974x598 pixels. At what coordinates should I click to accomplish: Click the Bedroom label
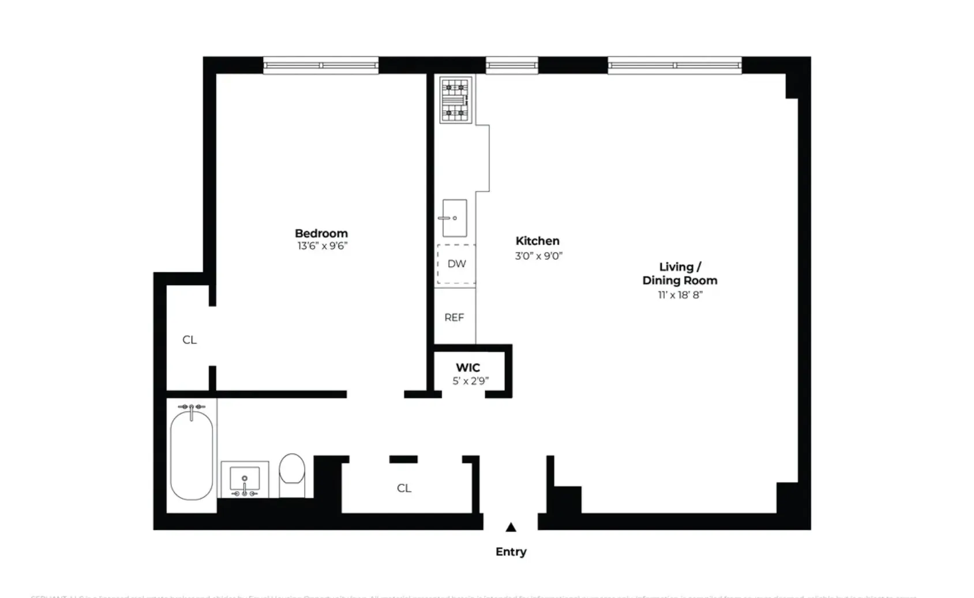point(321,233)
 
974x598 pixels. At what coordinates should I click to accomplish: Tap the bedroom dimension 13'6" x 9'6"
point(322,246)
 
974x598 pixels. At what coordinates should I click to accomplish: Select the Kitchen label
point(537,241)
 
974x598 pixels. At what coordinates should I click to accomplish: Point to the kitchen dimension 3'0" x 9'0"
point(538,256)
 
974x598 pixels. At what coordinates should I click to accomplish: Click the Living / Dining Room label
point(680,274)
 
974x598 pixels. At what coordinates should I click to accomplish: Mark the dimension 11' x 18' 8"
point(680,295)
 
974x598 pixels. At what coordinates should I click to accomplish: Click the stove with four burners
point(456,99)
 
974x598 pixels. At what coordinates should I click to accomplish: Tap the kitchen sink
point(455,218)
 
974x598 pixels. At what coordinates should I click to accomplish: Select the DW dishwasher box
point(456,264)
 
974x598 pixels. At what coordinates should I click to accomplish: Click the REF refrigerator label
point(454,317)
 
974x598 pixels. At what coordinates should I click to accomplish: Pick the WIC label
point(468,368)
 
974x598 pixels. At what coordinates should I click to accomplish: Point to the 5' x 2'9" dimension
point(470,381)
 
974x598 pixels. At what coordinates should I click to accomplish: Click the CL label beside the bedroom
point(189,340)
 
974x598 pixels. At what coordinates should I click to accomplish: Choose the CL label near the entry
point(404,488)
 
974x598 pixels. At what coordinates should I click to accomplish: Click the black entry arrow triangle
point(511,527)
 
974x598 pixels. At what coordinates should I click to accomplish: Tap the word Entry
point(511,552)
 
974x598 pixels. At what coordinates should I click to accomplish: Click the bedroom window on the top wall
point(321,65)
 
